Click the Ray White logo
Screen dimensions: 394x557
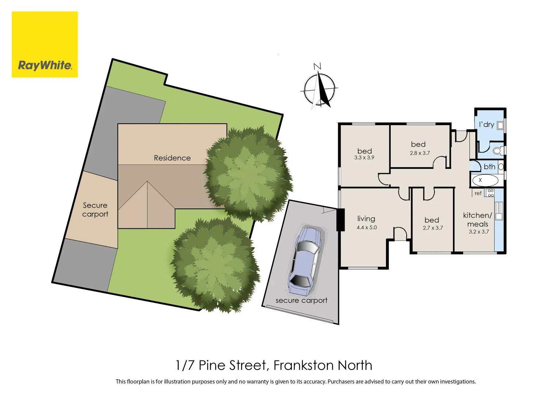pyautogui.click(x=45, y=45)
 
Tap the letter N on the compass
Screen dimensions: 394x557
pyautogui.click(x=317, y=66)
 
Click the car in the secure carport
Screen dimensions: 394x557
pyautogui.click(x=305, y=260)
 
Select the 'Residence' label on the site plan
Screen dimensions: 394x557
pyautogui.click(x=172, y=158)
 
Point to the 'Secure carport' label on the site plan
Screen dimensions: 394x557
pyautogui.click(x=95, y=210)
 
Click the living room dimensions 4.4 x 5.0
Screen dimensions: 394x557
pyautogui.click(x=367, y=228)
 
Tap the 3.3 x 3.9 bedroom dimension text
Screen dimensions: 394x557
pyautogui.click(x=364, y=158)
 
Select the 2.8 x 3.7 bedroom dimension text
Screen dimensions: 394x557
pyautogui.click(x=419, y=153)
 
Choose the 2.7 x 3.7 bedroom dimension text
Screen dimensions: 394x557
pyautogui.click(x=433, y=228)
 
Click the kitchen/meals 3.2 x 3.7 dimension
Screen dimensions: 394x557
pyautogui.click(x=479, y=232)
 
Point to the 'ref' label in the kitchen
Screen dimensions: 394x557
pyautogui.click(x=478, y=193)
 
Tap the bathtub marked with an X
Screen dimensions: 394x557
pyautogui.click(x=485, y=180)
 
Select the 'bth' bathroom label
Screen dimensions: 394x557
pyautogui.click(x=489, y=167)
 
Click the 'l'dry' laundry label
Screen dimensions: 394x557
pyautogui.click(x=486, y=124)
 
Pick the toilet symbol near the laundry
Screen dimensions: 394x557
pyautogui.click(x=498, y=150)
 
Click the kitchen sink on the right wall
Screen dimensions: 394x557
pyautogui.click(x=499, y=211)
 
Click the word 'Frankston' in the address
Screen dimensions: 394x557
pyautogui.click(x=303, y=365)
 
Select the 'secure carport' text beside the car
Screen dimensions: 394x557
pyautogui.click(x=301, y=301)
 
